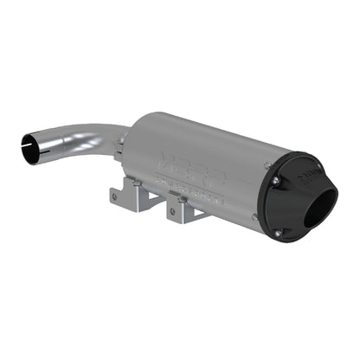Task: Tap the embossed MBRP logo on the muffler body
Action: coord(186,163)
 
